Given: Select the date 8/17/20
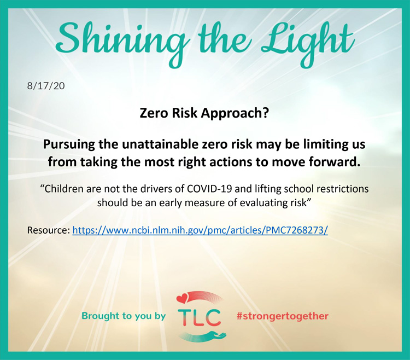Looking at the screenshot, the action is point(46,86).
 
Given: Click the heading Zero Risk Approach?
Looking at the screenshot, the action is point(204,113).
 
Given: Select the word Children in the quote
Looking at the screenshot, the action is point(62,189).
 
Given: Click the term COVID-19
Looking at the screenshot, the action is point(209,189).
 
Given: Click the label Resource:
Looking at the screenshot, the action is point(49,230).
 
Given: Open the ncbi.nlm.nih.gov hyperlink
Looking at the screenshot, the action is point(200,230).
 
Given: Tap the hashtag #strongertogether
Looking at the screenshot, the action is point(283,316).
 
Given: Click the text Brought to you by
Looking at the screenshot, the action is point(124,316).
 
